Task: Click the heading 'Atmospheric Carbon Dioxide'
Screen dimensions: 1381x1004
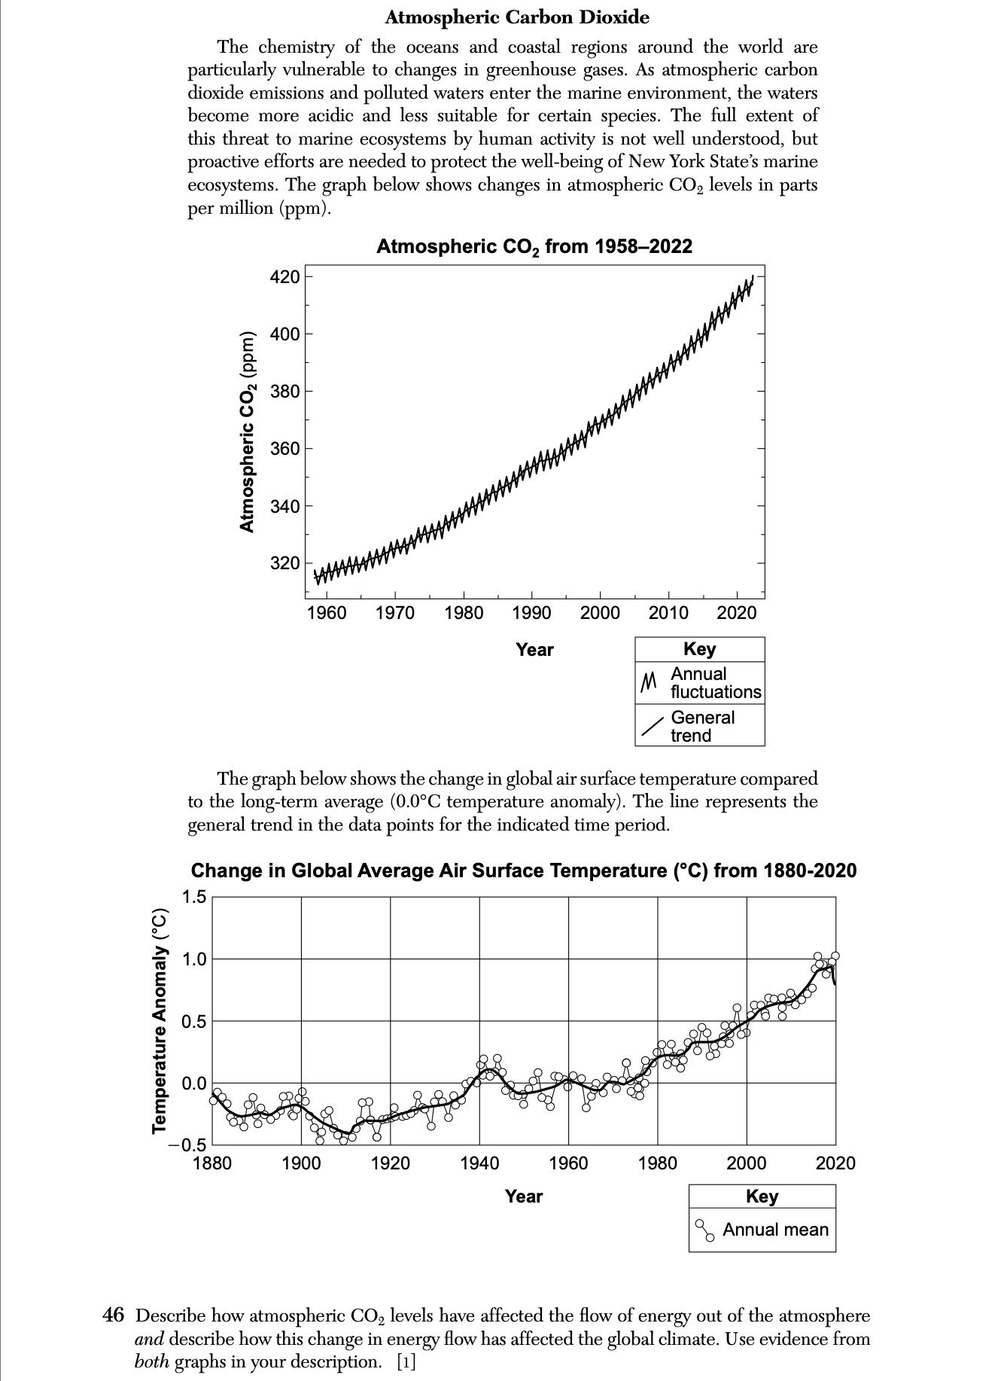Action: point(517,17)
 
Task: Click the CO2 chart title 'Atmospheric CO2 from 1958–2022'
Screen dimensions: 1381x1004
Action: point(534,246)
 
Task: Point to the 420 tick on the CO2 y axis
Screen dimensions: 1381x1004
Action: point(285,277)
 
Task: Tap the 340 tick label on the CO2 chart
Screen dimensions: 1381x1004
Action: point(285,506)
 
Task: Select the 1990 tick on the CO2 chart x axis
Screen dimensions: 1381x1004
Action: point(531,613)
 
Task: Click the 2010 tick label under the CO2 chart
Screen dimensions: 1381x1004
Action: point(668,613)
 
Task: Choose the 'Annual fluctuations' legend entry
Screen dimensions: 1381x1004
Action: point(715,683)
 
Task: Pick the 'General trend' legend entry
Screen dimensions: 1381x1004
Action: point(701,726)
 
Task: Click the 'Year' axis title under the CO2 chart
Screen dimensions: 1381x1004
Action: point(534,650)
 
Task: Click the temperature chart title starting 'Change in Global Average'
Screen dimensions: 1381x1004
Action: point(523,871)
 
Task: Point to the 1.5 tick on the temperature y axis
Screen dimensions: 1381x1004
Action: point(193,897)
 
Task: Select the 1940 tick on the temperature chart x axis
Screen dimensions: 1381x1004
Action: point(479,1163)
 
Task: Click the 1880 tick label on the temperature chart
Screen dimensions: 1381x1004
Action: point(212,1163)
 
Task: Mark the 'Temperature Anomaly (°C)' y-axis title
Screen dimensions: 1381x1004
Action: point(160,1020)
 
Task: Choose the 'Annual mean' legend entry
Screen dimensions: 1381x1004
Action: point(774,1230)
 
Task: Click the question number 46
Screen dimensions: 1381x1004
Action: point(113,1315)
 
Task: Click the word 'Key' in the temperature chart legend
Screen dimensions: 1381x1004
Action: point(762,1196)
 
